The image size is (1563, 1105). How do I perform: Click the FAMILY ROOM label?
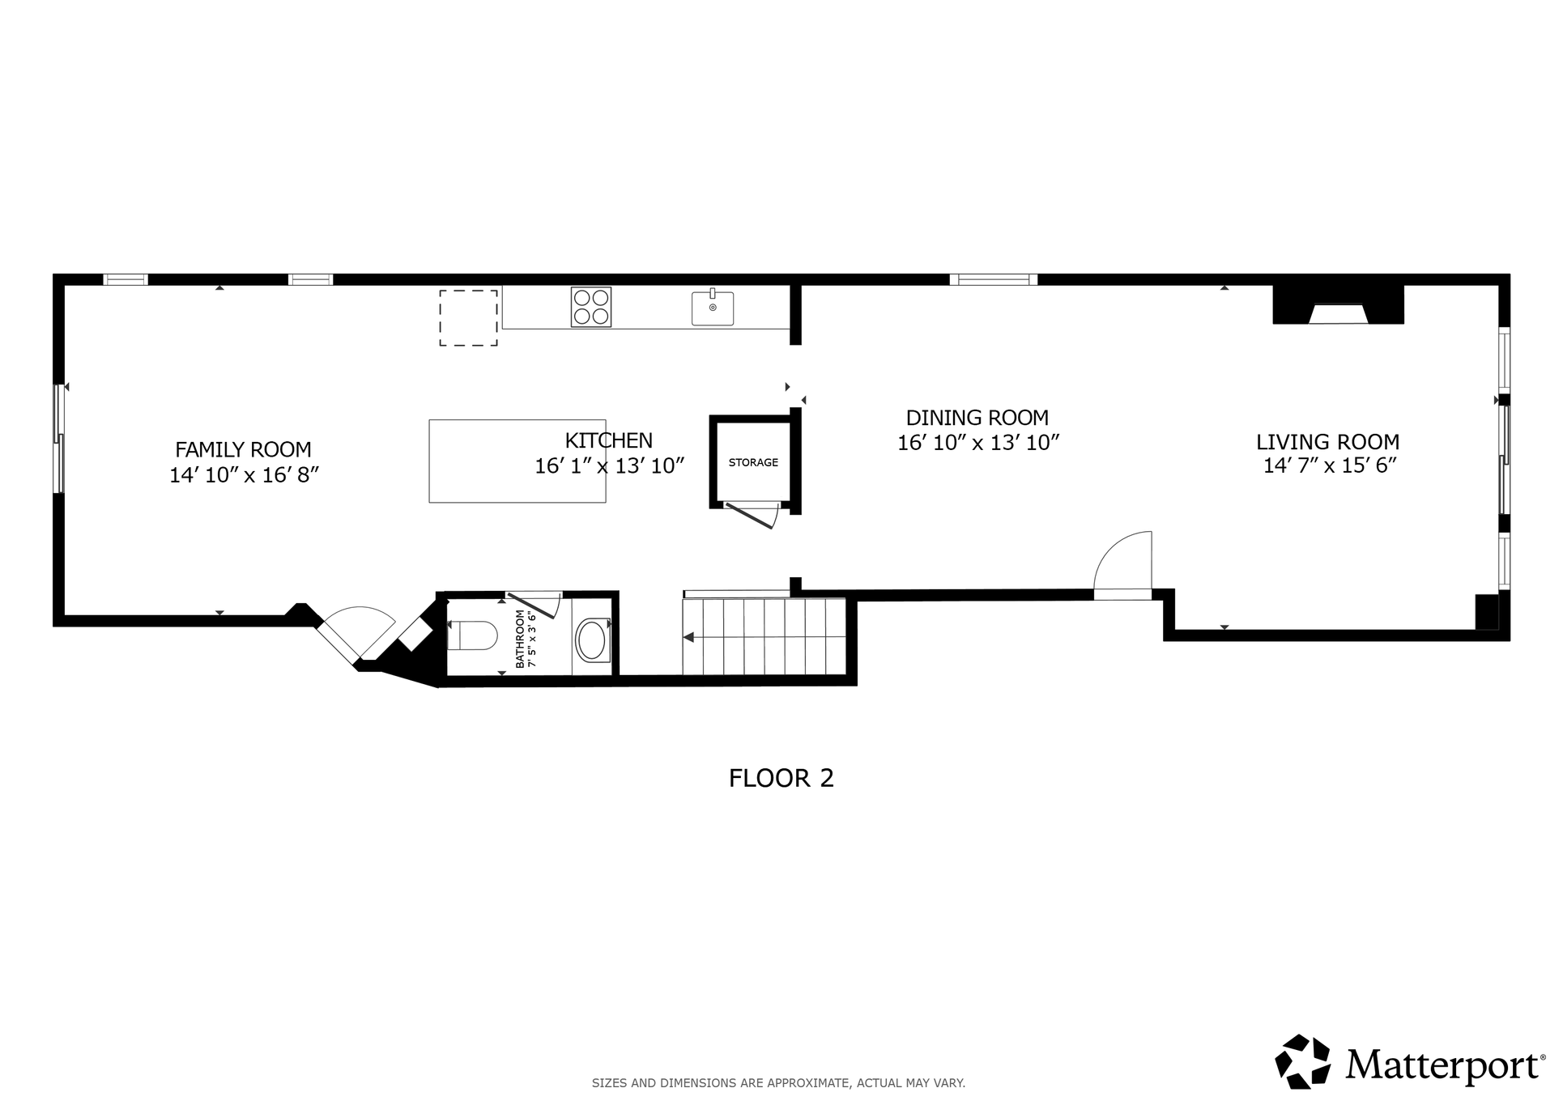pyautogui.click(x=243, y=449)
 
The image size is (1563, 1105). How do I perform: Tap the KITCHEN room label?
pyautogui.click(x=608, y=440)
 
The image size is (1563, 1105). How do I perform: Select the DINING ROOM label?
pyautogui.click(x=977, y=418)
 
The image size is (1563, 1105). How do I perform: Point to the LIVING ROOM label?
pyautogui.click(x=1327, y=442)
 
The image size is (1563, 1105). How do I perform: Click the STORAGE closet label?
pyautogui.click(x=753, y=462)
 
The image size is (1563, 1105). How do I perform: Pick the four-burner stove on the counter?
pyautogui.click(x=590, y=307)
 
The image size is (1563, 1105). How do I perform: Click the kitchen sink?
pyautogui.click(x=713, y=308)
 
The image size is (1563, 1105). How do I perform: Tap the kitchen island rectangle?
pyautogui.click(x=517, y=461)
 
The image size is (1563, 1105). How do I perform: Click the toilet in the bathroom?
pyautogui.click(x=473, y=635)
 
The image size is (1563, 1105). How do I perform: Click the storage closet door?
pyautogui.click(x=752, y=515)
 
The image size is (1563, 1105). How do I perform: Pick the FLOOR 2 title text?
pyautogui.click(x=781, y=778)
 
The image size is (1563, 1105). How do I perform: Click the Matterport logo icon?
pyautogui.click(x=1303, y=1061)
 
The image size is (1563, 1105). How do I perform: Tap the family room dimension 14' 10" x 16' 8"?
pyautogui.click(x=244, y=474)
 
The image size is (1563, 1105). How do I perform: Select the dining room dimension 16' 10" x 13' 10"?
pyautogui.click(x=978, y=443)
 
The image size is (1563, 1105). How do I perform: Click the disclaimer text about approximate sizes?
pyautogui.click(x=778, y=1083)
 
